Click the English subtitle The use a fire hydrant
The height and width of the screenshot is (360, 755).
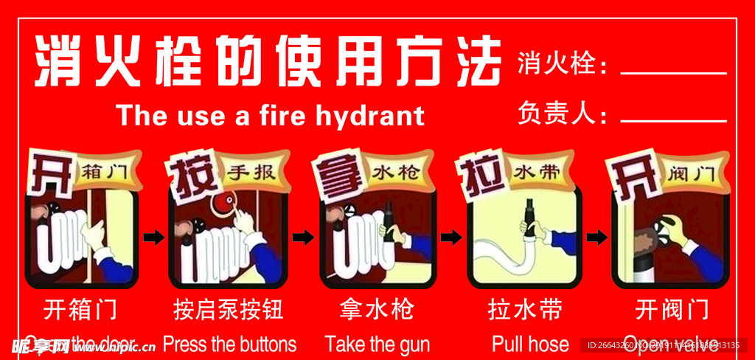click(270, 116)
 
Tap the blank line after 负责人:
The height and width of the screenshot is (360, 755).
click(673, 120)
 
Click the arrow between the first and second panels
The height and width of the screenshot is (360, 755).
click(153, 237)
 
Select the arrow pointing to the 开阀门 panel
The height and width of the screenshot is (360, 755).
click(596, 237)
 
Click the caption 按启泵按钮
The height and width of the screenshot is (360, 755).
click(229, 309)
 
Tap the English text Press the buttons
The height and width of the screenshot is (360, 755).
click(229, 344)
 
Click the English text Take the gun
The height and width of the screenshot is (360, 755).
click(377, 344)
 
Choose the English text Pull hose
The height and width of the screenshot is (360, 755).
click(530, 344)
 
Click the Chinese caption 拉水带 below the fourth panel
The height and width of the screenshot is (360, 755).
click(525, 309)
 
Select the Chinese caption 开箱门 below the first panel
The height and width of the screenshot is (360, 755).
click(80, 309)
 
